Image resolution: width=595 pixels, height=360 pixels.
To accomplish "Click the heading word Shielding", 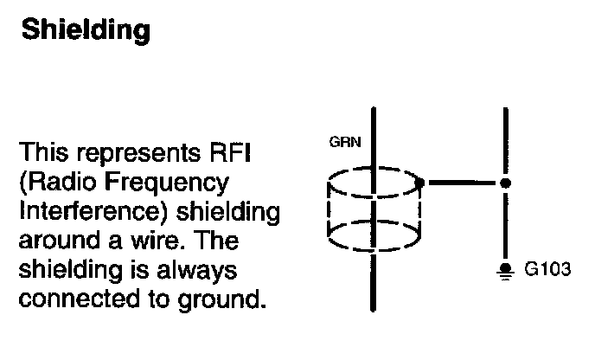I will (85, 30).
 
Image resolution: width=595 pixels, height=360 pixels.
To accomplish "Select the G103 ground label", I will (548, 269).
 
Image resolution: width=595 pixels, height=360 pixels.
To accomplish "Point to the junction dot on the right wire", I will (506, 183).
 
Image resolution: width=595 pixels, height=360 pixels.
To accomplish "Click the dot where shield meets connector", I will (419, 183).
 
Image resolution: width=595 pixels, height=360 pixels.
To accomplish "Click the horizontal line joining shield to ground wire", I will (463, 183).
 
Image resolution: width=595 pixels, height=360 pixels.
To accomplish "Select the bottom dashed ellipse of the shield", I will (374, 233).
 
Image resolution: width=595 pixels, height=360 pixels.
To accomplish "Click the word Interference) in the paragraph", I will (86, 212).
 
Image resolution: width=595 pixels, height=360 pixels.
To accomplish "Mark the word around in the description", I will (52, 241).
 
